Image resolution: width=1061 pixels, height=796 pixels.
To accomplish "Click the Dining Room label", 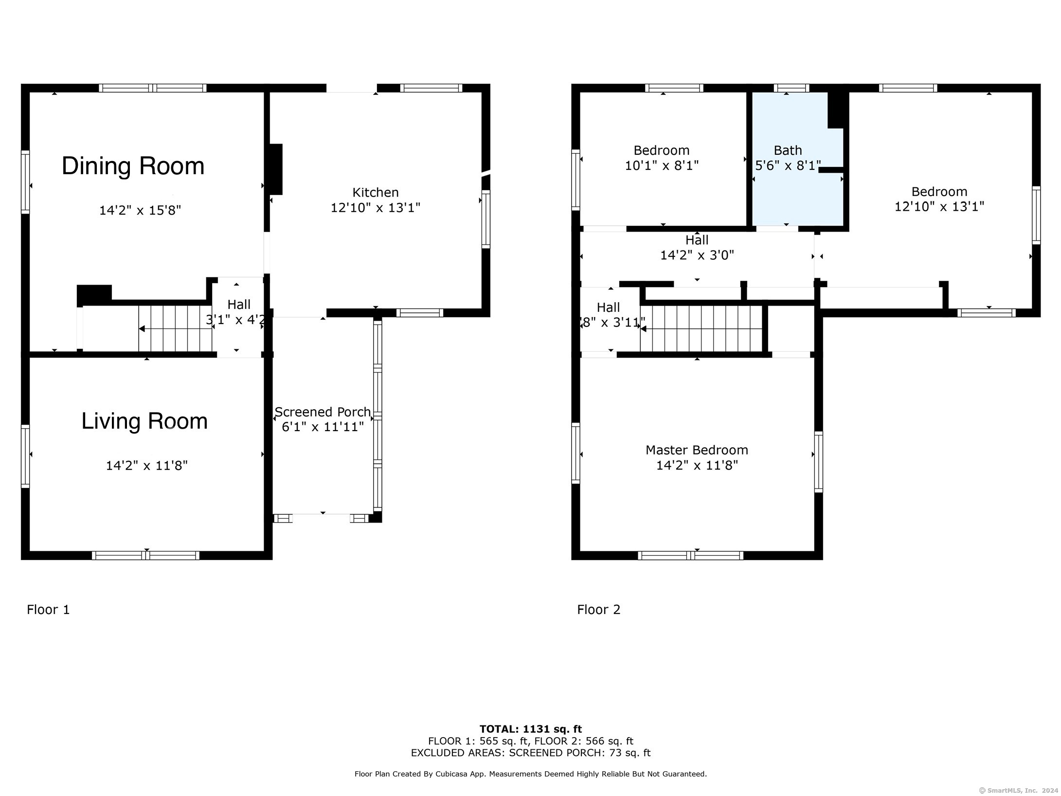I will (133, 166).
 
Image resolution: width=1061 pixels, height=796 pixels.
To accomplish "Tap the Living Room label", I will (144, 421).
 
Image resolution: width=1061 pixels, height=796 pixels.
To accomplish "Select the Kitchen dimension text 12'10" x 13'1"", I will (376, 208).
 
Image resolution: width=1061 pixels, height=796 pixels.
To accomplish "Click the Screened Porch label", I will (323, 412).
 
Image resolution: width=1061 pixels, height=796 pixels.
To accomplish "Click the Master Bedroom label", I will (697, 450).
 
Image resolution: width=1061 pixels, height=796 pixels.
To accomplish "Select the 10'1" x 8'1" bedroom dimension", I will (662, 166).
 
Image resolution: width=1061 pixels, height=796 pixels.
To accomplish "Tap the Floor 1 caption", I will (48, 610).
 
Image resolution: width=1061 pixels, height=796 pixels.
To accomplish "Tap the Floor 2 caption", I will (598, 610).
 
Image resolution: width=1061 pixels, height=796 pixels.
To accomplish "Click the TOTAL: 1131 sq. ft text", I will (530, 729).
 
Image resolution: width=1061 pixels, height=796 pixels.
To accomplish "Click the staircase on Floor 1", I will (175, 328).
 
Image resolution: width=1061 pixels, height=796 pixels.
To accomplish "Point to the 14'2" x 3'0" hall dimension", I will (697, 255).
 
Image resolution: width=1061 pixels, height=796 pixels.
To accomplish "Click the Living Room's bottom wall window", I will (145, 556).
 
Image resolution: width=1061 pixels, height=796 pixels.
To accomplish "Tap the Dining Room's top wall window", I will (153, 88).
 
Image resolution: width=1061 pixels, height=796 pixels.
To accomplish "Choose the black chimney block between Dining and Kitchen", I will (276, 169).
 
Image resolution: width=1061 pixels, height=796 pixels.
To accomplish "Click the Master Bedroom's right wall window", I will (819, 461).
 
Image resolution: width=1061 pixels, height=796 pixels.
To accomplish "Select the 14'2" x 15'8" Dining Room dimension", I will (140, 211).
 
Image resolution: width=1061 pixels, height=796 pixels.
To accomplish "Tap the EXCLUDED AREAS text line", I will (530, 753).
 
